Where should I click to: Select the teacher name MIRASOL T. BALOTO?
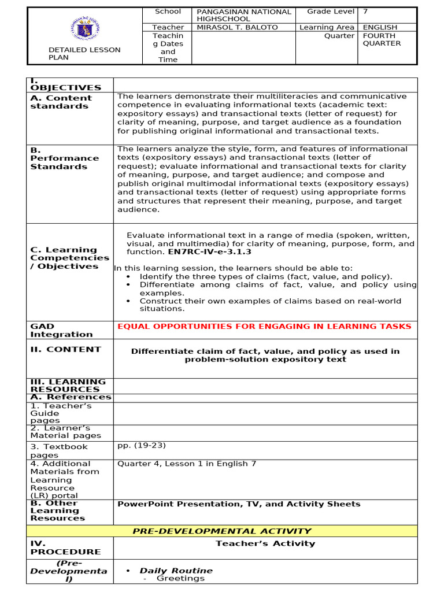pyautogui.click(x=237, y=27)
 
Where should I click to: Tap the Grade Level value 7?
pyautogui.click(x=365, y=12)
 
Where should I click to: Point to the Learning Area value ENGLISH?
pyautogui.click(x=380, y=27)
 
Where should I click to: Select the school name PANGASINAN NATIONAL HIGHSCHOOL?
pyautogui.click(x=243, y=16)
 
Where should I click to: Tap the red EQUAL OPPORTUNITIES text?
pyautogui.click(x=264, y=327)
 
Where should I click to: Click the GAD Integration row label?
pyautogui.click(x=61, y=331)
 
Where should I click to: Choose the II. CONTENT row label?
pyautogui.click(x=65, y=349)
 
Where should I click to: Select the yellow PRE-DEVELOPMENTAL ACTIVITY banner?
pyautogui.click(x=223, y=531)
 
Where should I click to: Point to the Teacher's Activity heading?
pyautogui.click(x=265, y=543)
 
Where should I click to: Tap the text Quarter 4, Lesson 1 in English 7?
pyautogui.click(x=186, y=464)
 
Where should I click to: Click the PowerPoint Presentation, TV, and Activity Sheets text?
pyautogui.click(x=238, y=504)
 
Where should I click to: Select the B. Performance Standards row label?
pyautogui.click(x=64, y=158)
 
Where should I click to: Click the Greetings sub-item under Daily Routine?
pyautogui.click(x=180, y=578)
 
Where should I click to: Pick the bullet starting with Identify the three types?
pyautogui.click(x=265, y=276)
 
